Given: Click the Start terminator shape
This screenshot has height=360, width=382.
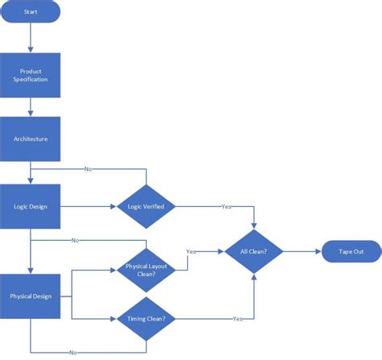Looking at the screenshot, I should pos(30,12).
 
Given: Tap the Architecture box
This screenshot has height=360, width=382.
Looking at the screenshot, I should pos(30,139).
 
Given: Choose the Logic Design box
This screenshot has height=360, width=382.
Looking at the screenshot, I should pos(30,207).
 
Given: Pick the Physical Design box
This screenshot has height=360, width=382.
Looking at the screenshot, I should pos(30,296).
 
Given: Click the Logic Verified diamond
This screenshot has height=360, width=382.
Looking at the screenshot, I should pos(146,207).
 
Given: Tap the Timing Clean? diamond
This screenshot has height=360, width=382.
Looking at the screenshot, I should pos(146,319).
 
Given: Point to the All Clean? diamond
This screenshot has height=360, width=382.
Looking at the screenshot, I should pos(255,251).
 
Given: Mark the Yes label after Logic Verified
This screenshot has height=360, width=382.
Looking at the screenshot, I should pos(226,207).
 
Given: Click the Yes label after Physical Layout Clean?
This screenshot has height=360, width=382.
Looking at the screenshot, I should pos(191,251).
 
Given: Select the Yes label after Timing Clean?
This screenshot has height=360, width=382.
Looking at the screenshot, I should pos(238,319).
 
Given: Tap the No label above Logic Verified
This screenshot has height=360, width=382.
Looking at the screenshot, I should pos(87,169).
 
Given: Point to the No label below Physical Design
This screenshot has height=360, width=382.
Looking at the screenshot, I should pos(73,352).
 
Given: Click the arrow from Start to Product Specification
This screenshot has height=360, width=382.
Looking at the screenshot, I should pos(30,38).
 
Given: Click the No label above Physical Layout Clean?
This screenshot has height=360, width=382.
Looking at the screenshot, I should pos(75,240).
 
